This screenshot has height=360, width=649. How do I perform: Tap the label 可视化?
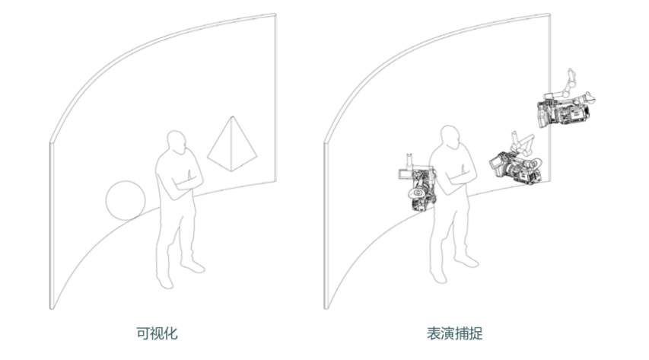(x=157, y=333)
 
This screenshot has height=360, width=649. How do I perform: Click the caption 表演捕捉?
(x=455, y=333)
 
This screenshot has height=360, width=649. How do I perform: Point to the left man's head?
(x=177, y=142)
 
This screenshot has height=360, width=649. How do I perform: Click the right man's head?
(x=450, y=137)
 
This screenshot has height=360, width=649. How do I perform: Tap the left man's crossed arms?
(x=186, y=180)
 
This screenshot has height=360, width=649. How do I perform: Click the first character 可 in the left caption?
(x=143, y=333)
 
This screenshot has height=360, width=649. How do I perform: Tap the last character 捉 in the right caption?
(x=476, y=333)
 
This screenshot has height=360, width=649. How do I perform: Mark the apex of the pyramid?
(x=233, y=116)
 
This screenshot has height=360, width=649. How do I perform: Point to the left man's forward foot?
(x=193, y=266)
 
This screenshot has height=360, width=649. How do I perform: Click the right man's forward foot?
(x=467, y=261)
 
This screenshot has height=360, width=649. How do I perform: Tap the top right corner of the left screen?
(x=275, y=14)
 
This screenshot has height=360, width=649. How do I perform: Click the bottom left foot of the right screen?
(x=326, y=307)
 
